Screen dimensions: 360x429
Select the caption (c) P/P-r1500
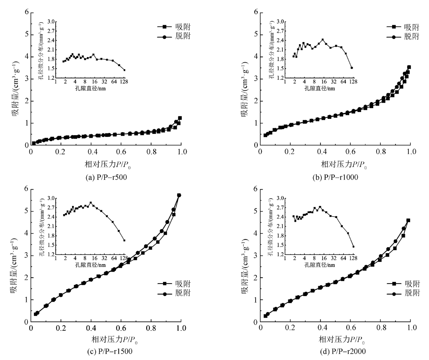click(106, 353)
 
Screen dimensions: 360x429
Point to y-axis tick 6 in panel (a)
click(27, 12)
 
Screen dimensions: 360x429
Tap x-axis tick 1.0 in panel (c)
click(181, 330)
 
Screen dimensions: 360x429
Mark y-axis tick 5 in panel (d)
click(256, 211)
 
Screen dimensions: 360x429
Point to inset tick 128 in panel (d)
click(353, 259)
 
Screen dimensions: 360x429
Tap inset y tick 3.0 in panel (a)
click(52, 21)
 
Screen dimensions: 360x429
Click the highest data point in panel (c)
click(179, 195)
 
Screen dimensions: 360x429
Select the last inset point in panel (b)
click(352, 68)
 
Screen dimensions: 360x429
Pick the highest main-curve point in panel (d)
click(408, 220)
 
